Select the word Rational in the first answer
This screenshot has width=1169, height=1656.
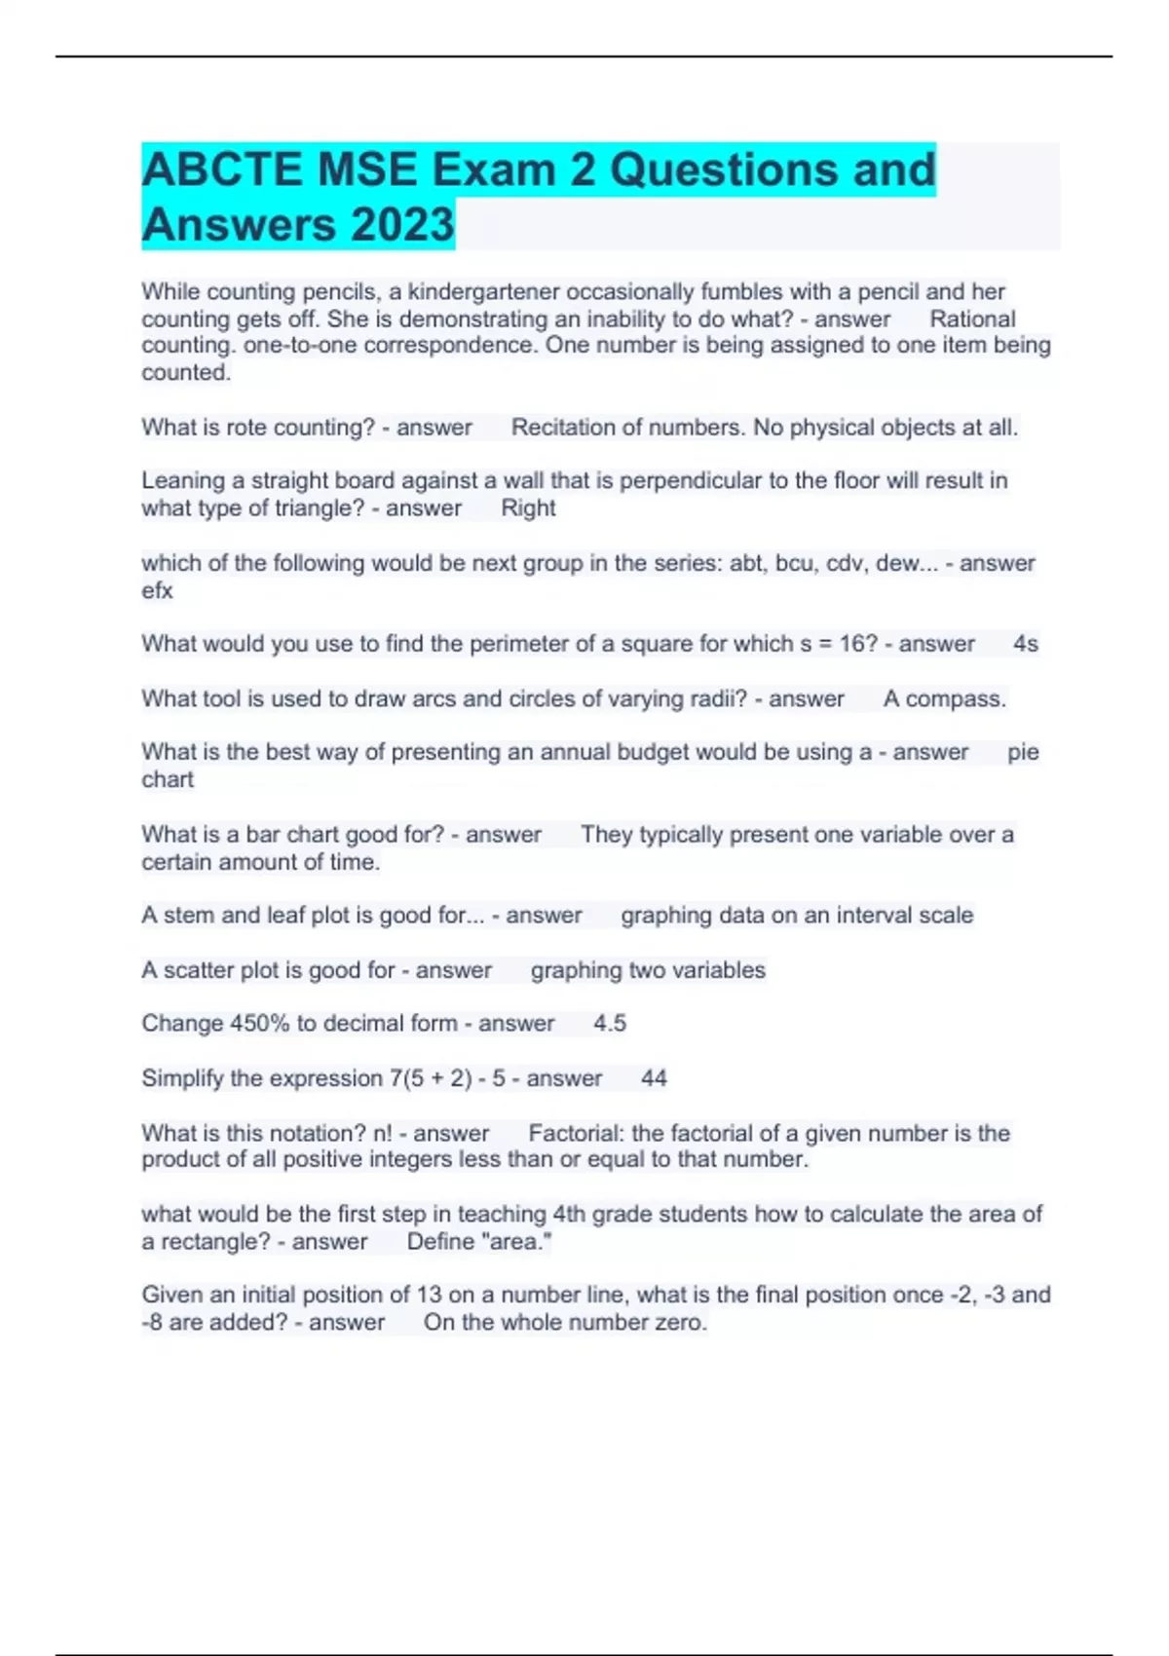point(971,320)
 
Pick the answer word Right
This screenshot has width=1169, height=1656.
point(528,508)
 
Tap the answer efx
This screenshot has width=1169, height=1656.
point(157,591)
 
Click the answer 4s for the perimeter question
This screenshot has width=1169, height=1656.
point(1025,644)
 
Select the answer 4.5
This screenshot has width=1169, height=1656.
point(609,1024)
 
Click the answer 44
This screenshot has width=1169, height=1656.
point(654,1078)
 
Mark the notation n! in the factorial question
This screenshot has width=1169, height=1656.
point(382,1134)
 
